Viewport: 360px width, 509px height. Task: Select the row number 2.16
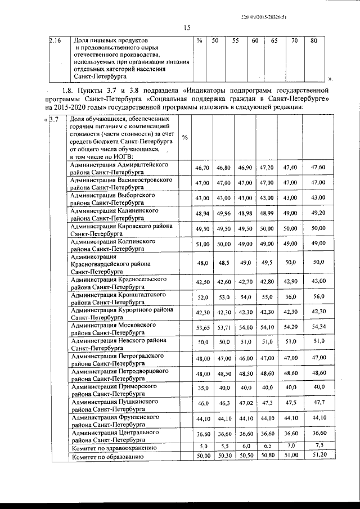(55, 41)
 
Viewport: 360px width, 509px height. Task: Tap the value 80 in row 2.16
(314, 41)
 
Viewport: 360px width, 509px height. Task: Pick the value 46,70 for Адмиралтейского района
(202, 168)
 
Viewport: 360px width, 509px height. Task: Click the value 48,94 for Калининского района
(202, 214)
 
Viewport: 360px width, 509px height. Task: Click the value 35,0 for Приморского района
(202, 388)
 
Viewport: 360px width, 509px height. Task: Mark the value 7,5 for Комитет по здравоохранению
(319, 445)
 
